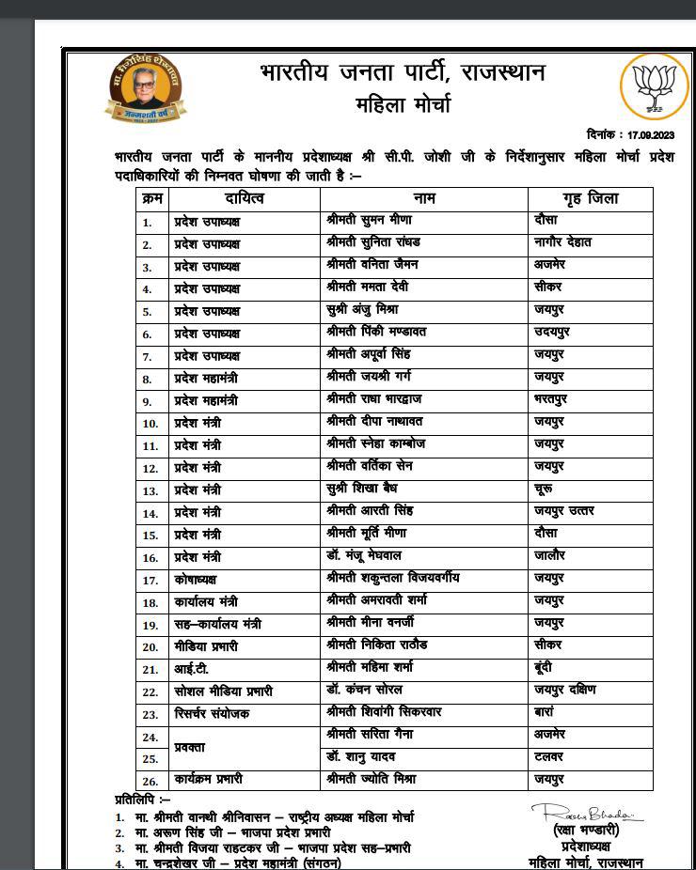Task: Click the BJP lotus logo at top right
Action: pos(655,86)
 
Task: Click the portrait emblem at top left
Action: pos(145,86)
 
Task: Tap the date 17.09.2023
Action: pos(651,135)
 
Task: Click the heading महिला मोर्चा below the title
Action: pos(403,104)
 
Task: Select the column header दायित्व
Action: pos(245,198)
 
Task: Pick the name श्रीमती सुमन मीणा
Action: pos(368,220)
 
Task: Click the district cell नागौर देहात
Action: pos(562,242)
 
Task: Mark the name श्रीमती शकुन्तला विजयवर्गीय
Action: pos(392,578)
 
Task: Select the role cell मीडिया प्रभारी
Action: pos(206,645)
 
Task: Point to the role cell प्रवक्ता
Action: pos(195,747)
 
